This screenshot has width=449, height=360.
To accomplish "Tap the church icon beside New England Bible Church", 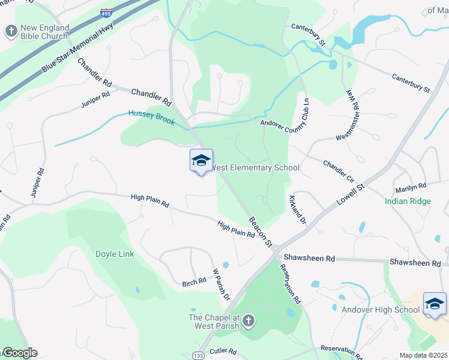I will (11, 31).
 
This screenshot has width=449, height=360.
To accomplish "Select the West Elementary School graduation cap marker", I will (201, 161).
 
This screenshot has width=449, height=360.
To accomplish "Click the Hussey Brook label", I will (151, 118).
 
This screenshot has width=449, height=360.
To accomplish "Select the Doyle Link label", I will (115, 254).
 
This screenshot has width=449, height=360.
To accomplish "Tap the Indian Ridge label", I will (408, 201).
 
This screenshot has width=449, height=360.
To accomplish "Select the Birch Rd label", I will (194, 282).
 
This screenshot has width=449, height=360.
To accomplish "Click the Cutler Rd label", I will (223, 351).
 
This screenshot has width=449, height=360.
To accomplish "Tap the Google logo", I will (19, 353).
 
